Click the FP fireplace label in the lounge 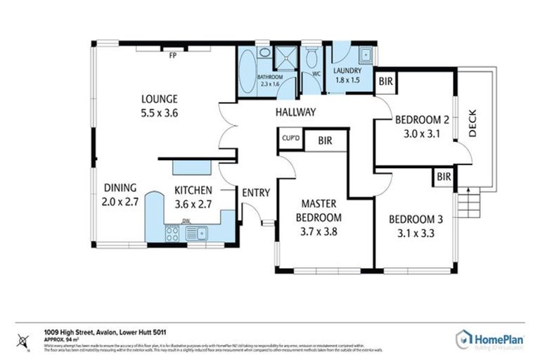coord(172,57)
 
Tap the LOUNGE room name coord(159,98)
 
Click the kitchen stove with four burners coord(172,233)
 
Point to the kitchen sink coord(199,233)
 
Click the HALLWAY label coord(295,112)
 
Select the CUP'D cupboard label coord(290,138)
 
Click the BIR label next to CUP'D coord(325,141)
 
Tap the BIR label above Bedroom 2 coord(385,82)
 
